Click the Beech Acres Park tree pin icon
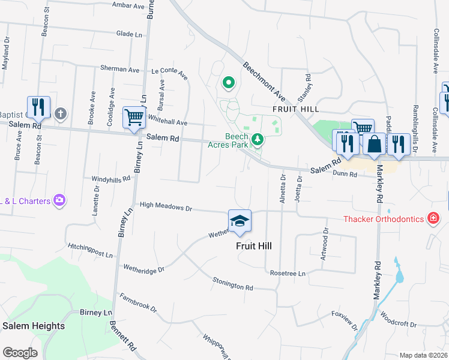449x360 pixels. pos(258,139)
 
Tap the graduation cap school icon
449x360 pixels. pos(240,221)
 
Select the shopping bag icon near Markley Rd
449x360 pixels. pos(374,145)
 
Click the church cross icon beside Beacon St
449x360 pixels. pos(60,113)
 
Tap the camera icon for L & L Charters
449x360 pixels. pos(59,200)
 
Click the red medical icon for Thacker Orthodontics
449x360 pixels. pos(433,218)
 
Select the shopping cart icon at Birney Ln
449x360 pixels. pos(134,117)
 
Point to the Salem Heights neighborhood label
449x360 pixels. pos(34,326)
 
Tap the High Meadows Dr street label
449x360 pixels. pos(165,206)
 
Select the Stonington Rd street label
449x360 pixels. pos(233,284)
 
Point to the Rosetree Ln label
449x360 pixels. pos(288,273)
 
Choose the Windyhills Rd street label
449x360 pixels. pos(110,179)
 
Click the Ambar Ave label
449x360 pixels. pos(130,5)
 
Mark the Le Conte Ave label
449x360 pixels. pos(169,74)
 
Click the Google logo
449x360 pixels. pos(20,353)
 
